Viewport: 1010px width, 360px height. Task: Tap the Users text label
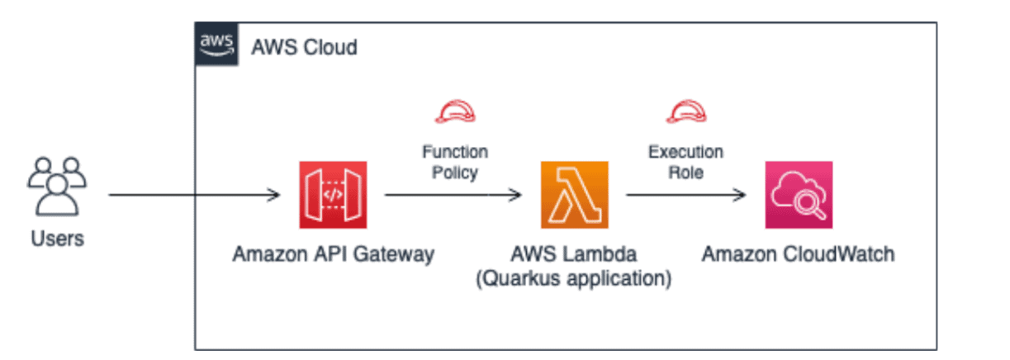coord(57,239)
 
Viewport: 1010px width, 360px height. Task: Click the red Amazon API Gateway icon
coord(332,195)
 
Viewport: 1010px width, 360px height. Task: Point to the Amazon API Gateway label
coord(333,254)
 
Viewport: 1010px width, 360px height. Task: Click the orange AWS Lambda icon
coord(574,195)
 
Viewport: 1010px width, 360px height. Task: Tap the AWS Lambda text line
coord(574,254)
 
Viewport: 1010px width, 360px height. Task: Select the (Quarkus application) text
coord(574,278)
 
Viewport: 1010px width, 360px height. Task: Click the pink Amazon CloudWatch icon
coord(798,195)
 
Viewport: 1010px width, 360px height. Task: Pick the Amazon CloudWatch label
coord(798,254)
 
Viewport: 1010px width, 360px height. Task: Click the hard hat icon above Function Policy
coord(454,111)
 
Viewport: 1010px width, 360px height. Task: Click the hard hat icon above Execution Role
coord(685,111)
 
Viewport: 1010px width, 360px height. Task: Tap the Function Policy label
coord(454,163)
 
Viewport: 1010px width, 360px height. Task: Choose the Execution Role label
coord(685,163)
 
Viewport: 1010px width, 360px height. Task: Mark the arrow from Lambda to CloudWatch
coord(685,196)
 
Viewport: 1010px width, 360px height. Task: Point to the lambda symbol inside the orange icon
coord(574,195)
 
